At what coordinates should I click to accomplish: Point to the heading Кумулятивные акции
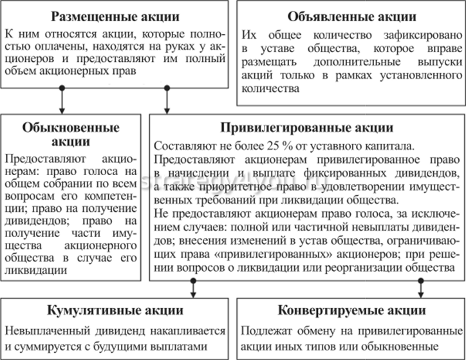click(x=116, y=310)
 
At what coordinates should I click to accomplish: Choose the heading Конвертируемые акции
click(x=352, y=310)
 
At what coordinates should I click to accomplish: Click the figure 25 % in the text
click(x=266, y=146)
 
